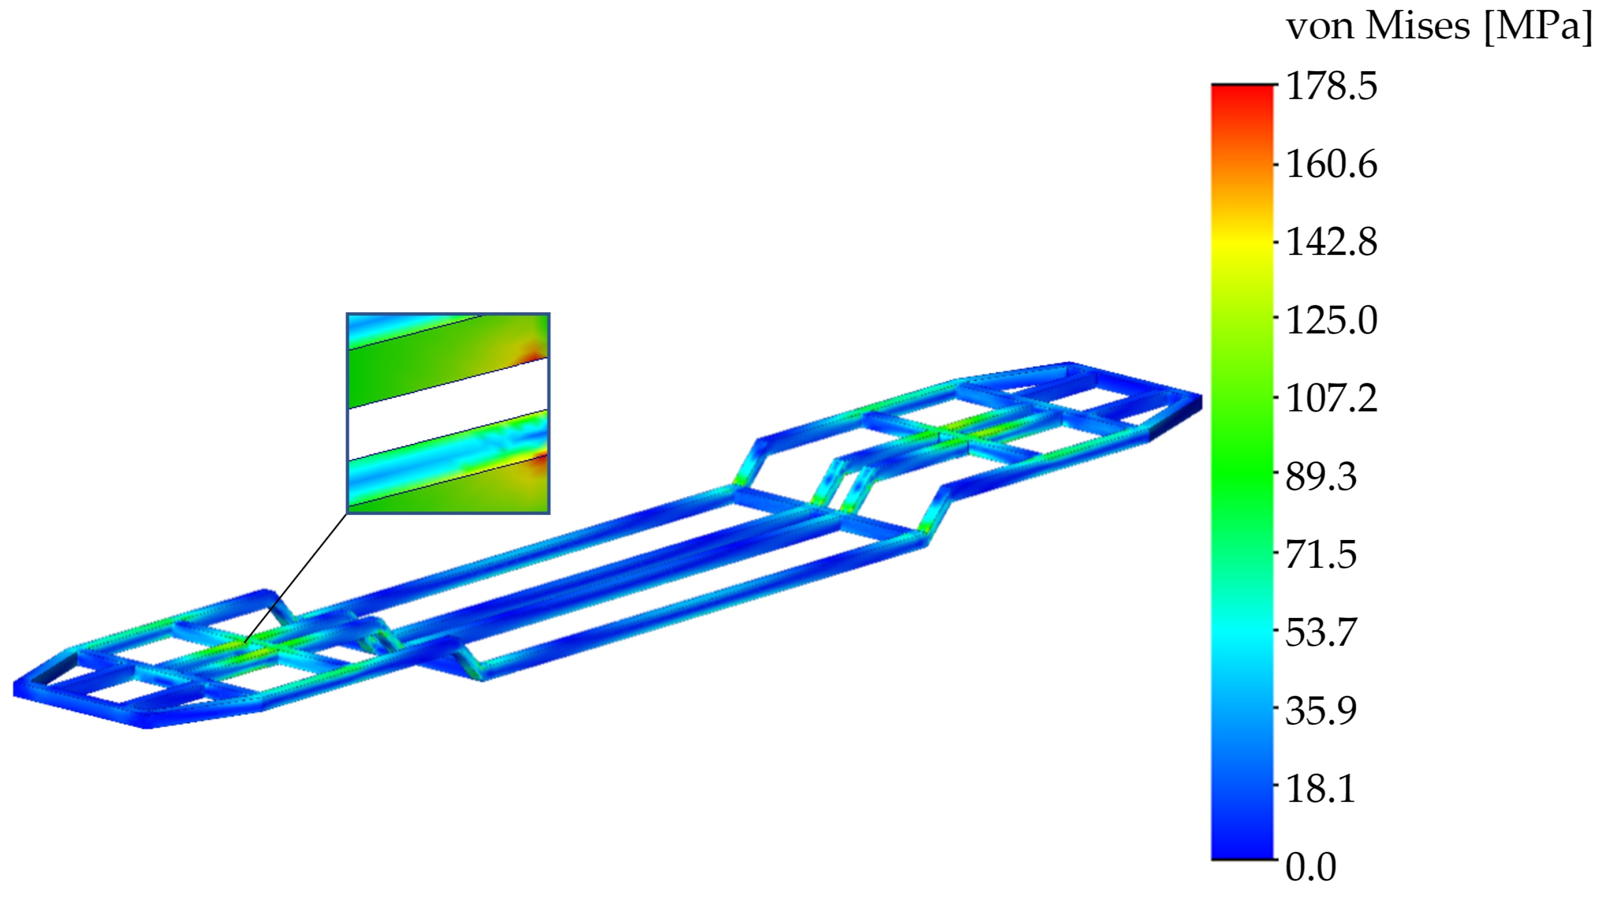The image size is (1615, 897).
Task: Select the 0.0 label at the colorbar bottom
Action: (1310, 867)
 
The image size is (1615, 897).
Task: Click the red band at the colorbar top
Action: (1243, 94)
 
